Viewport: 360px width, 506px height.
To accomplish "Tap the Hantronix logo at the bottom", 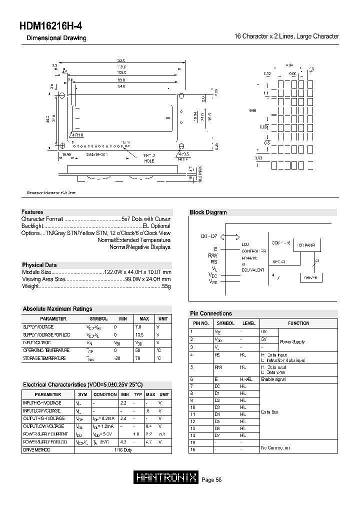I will click(166, 478).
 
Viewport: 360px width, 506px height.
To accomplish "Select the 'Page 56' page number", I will click(211, 480).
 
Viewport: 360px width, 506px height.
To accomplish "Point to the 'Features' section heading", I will click(32, 212).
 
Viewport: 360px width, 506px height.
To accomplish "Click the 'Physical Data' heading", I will click(39, 265).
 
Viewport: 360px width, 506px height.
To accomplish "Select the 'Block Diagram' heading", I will click(208, 212).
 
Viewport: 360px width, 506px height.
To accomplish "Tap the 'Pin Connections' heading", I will click(211, 313).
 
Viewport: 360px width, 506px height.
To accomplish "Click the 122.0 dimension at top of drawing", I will click(120, 60).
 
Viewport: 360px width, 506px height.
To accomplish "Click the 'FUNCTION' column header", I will click(298, 323).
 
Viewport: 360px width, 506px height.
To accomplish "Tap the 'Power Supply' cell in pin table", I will click(292, 342).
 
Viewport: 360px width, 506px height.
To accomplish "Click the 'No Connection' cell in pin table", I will click(275, 447).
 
